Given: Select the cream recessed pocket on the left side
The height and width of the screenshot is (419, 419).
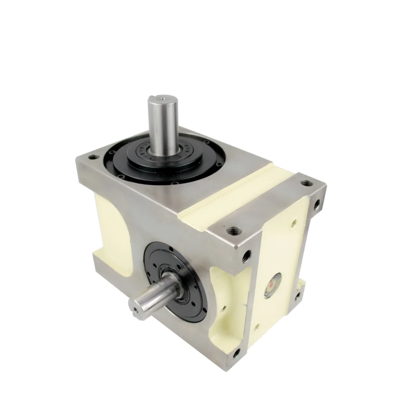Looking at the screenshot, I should (x=110, y=235).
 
